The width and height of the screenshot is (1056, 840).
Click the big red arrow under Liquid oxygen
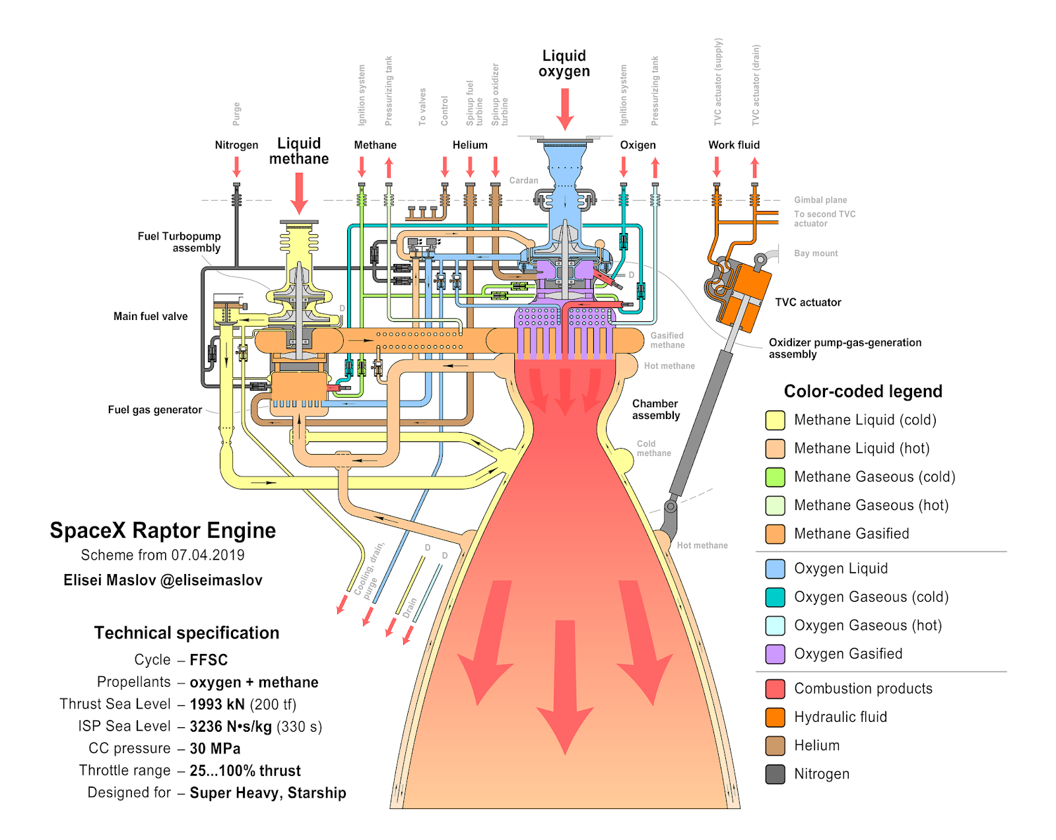(x=564, y=110)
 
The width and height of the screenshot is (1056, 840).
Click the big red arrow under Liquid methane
(x=299, y=193)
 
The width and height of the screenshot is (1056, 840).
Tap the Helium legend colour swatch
(x=775, y=746)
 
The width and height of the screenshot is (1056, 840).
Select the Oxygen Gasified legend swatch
(x=775, y=654)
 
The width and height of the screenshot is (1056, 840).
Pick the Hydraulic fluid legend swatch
(x=775, y=717)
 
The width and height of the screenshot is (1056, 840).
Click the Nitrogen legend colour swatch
(x=775, y=774)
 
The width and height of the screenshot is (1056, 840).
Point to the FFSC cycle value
(x=209, y=660)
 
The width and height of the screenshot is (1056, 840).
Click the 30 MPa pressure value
(x=215, y=748)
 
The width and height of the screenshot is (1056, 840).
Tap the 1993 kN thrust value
(x=217, y=704)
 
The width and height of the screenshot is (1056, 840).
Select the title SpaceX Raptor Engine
(x=163, y=531)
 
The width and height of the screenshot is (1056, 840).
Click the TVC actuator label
(x=808, y=302)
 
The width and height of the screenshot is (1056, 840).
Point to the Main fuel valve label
(x=150, y=316)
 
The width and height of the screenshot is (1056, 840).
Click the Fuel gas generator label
(x=155, y=410)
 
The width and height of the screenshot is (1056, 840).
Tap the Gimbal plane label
(x=820, y=200)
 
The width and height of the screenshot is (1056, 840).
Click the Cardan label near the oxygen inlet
(x=523, y=180)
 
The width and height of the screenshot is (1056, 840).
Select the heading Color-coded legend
(x=863, y=391)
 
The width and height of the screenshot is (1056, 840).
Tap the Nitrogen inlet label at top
(x=236, y=145)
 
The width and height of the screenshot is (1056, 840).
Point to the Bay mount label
(x=816, y=253)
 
